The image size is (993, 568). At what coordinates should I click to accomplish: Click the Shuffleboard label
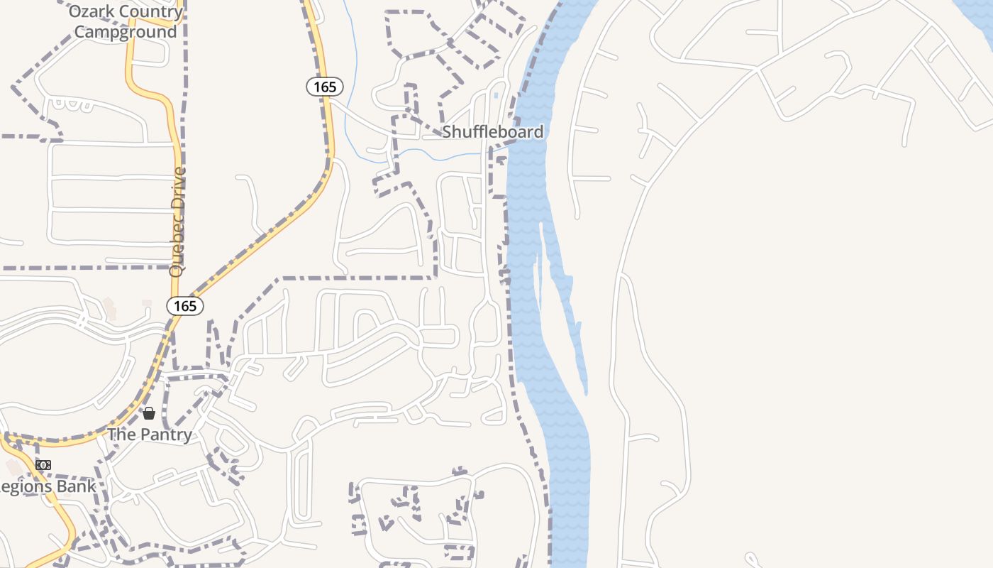(493, 132)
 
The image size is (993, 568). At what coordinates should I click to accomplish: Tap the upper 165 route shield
(325, 87)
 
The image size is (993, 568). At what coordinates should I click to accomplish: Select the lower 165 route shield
(185, 306)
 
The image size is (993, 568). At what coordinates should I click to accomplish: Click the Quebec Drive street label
(177, 222)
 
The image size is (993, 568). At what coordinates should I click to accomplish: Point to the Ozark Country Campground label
(126, 22)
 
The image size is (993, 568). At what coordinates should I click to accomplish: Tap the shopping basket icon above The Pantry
(149, 413)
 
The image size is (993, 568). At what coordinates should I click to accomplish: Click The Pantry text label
(150, 435)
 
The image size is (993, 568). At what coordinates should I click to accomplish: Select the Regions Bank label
(47, 486)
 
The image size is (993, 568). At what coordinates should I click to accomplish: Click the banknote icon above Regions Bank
(43, 465)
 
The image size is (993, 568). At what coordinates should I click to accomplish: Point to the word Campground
(126, 32)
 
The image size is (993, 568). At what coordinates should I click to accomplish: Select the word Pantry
(165, 435)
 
